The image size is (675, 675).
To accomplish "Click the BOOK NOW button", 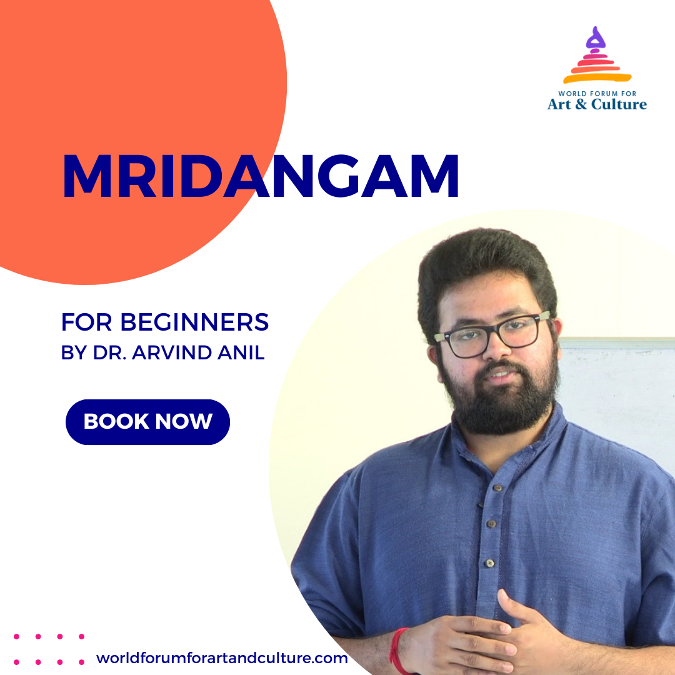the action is coord(147,422).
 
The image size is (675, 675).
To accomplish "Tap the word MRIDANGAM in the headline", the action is coord(261,176).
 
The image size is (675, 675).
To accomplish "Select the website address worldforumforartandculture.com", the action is coord(222,658).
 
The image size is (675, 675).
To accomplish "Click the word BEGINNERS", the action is coord(194,322).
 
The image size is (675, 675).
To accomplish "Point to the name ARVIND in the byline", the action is coord(172,352).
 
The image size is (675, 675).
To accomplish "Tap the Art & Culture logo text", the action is coord(597,104).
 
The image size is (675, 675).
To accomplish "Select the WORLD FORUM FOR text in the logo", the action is coord(597,93).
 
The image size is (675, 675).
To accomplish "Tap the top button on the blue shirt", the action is coord(497,487).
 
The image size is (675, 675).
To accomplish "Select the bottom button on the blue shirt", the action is coord(489,563).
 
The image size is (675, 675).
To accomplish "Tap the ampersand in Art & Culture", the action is coord(581,104).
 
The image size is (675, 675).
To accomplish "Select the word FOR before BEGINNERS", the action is coord(87,322).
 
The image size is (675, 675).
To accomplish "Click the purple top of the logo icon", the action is coord(596,38).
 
